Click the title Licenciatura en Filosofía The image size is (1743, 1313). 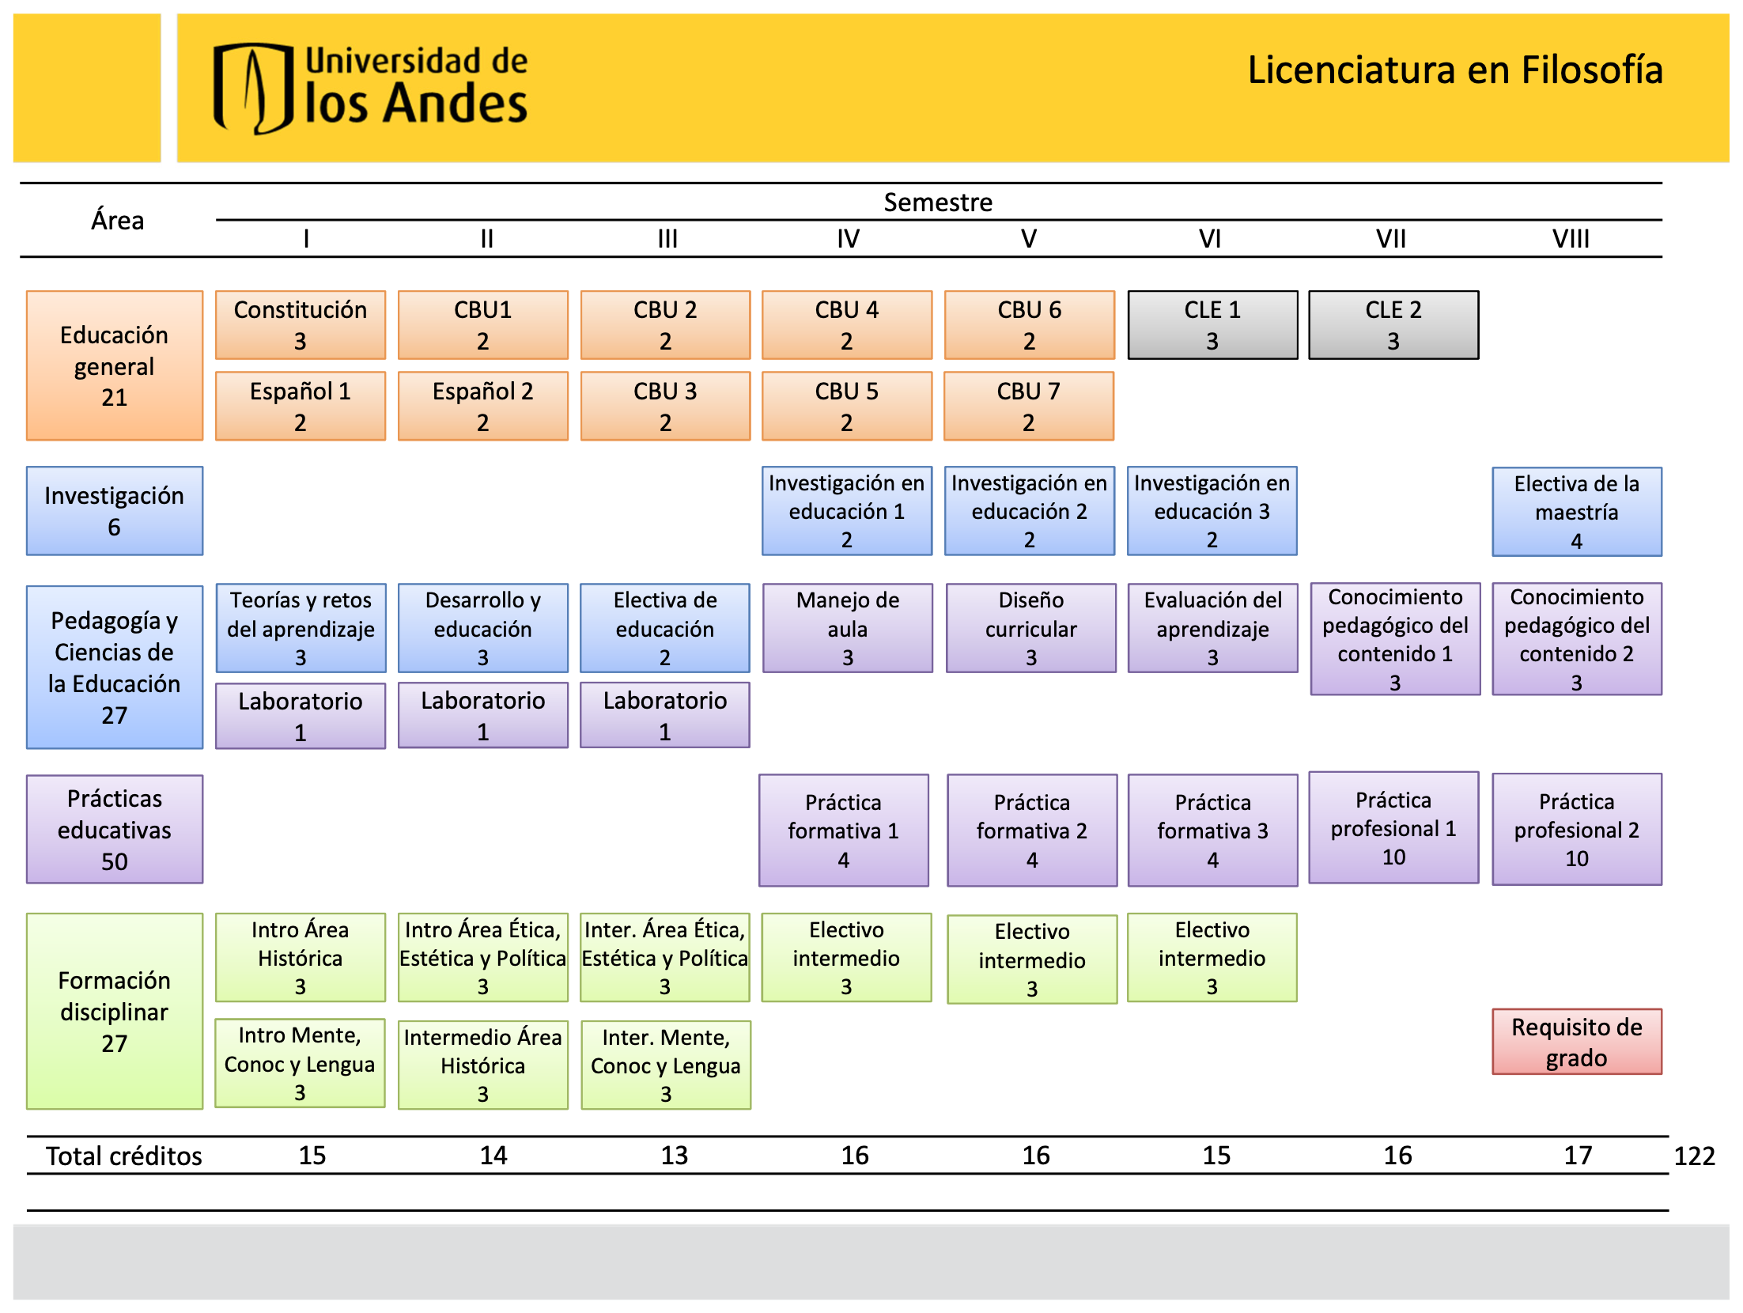pyautogui.click(x=1454, y=70)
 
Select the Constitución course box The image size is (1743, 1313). pyautogui.click(x=301, y=325)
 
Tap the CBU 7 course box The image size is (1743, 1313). pyautogui.click(x=1028, y=406)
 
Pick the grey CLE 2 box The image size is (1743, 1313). pyautogui.click(x=1393, y=325)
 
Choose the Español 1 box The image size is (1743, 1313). pyautogui.click(x=301, y=406)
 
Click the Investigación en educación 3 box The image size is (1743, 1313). pyautogui.click(x=1212, y=511)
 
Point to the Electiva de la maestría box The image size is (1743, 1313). pyautogui.click(x=1576, y=512)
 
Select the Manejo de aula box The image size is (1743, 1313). pyautogui.click(x=847, y=628)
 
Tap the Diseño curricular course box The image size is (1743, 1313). pyautogui.click(x=1030, y=628)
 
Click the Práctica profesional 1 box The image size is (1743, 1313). pyautogui.click(x=1393, y=827)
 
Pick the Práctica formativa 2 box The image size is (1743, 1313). pyautogui.click(x=1031, y=830)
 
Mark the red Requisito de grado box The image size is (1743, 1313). pyautogui.click(x=1576, y=1042)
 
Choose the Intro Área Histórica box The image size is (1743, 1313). pyautogui.click(x=301, y=958)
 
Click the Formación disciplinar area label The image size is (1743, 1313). pyautogui.click(x=115, y=1012)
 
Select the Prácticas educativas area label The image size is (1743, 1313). pyautogui.click(x=115, y=829)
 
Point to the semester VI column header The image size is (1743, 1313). pyautogui.click(x=1210, y=238)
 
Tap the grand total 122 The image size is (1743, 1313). pyautogui.click(x=1694, y=1156)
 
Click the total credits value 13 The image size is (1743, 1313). pyautogui.click(x=674, y=1156)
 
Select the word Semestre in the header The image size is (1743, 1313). pyautogui.click(x=937, y=202)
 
